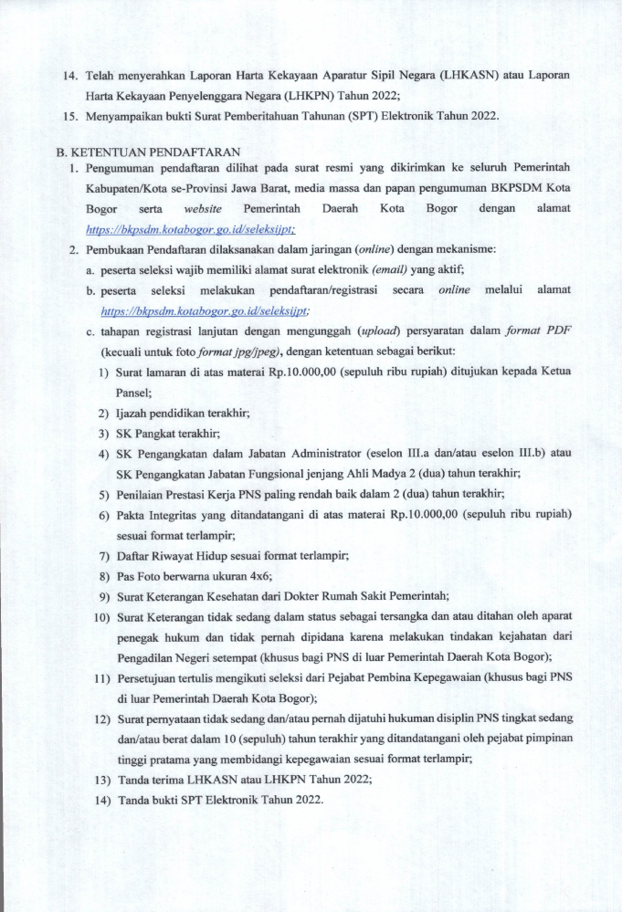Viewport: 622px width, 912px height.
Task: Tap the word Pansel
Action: click(x=133, y=392)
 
